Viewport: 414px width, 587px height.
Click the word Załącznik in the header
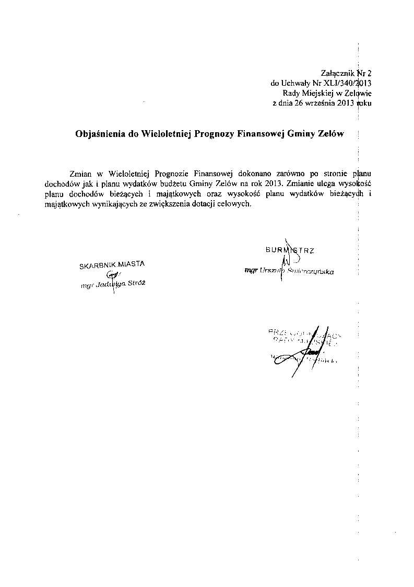pos(338,73)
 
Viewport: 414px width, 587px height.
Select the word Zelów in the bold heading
pos(330,134)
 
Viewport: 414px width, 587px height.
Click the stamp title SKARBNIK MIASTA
pos(112,264)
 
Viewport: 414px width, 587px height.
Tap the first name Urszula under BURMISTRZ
pos(270,271)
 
